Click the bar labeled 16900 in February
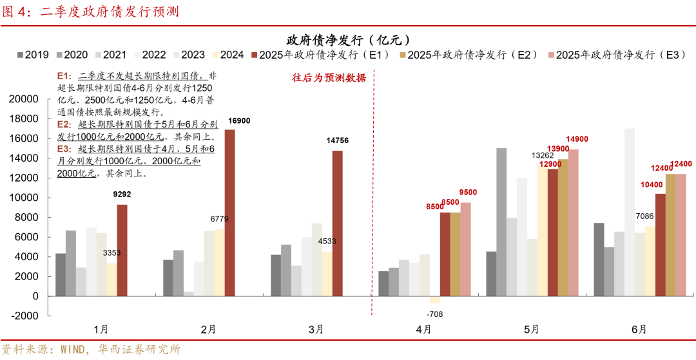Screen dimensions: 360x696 [x=229, y=213]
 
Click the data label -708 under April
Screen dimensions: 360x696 [x=435, y=314]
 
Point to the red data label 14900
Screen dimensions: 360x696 [x=577, y=139]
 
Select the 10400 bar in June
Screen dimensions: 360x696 [x=660, y=245]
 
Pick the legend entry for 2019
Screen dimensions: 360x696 [x=32, y=55]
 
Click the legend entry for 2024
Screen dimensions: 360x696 [x=226, y=55]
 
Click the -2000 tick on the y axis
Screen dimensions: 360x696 [x=25, y=316]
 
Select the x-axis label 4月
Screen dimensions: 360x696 [x=423, y=329]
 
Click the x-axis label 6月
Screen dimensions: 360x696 [x=639, y=329]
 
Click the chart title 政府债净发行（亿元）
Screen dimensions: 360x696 [x=348, y=39]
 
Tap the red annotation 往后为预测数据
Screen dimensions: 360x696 [x=329, y=78]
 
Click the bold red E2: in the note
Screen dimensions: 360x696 [x=64, y=124]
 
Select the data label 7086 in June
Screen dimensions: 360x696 [x=644, y=215]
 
